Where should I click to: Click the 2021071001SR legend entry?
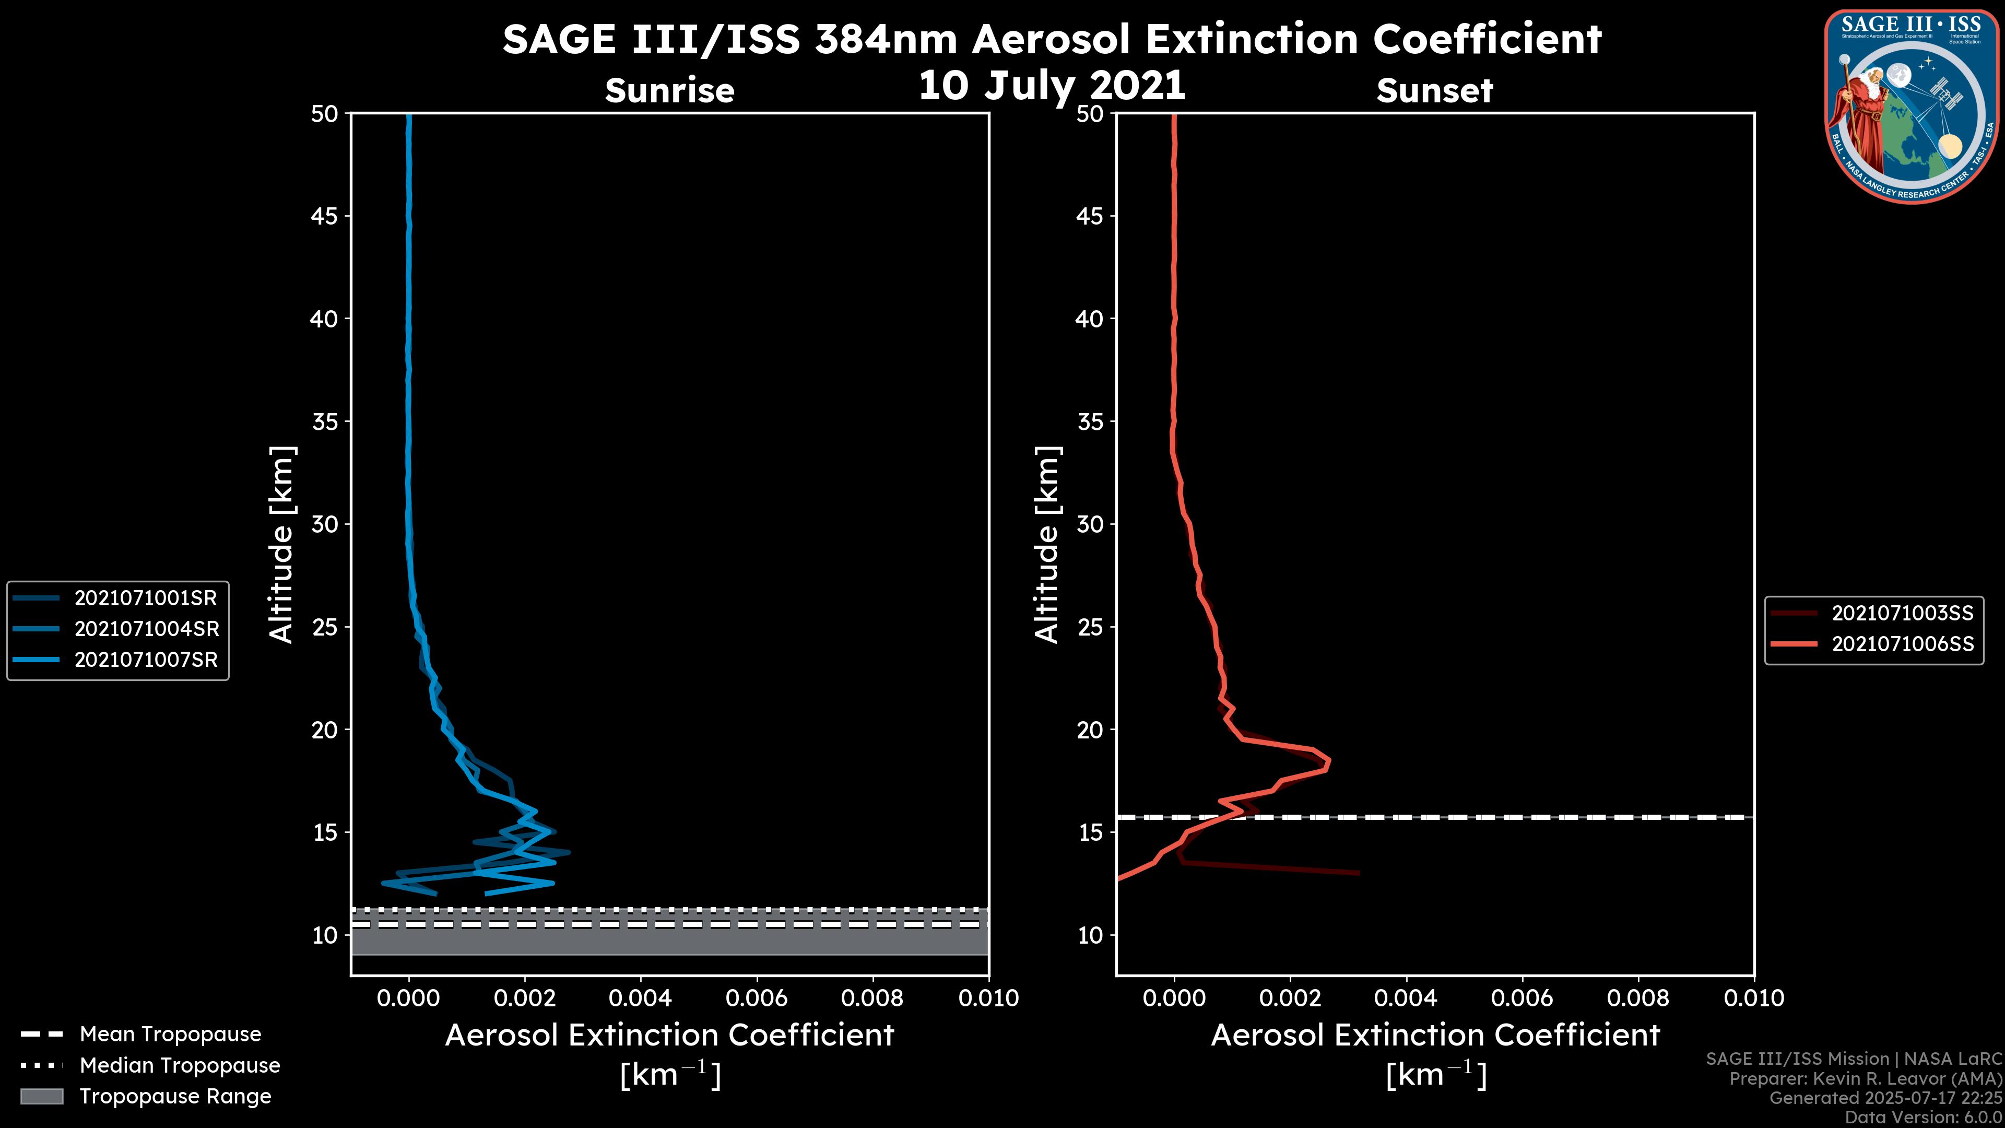(x=146, y=598)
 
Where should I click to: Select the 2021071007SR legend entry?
(x=146, y=660)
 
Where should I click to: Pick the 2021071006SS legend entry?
(x=1902, y=644)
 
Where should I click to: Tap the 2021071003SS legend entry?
(x=1902, y=614)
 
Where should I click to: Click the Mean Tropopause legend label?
(x=170, y=1034)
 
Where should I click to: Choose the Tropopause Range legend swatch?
(x=42, y=1096)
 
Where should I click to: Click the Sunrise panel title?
(x=669, y=90)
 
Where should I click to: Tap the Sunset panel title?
(x=1434, y=90)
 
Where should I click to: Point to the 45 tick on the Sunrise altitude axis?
(x=325, y=216)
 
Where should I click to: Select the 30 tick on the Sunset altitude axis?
(x=1090, y=524)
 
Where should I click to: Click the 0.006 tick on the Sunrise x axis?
(x=757, y=998)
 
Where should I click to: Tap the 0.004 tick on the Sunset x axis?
(x=1406, y=998)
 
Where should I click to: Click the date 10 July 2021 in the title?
(x=1052, y=86)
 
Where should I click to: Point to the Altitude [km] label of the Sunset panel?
(x=1047, y=545)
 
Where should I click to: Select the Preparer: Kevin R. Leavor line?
(x=1865, y=1078)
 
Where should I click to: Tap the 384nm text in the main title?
(x=886, y=39)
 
